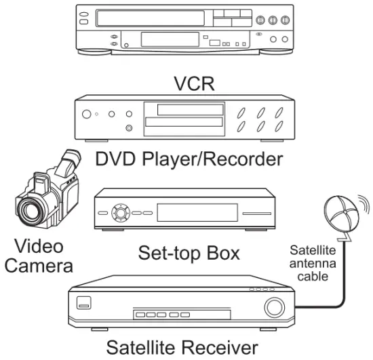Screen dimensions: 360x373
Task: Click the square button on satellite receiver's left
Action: [83, 304]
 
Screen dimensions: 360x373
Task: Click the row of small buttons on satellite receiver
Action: [161, 315]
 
